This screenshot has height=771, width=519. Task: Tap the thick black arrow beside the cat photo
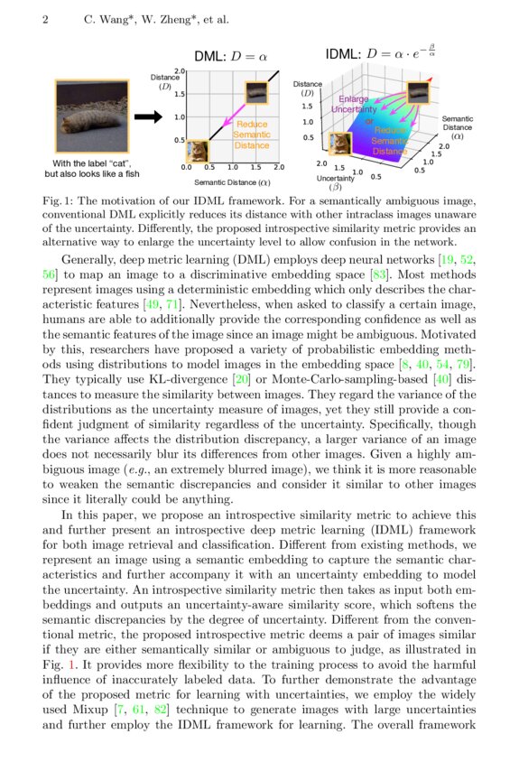[146, 116]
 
